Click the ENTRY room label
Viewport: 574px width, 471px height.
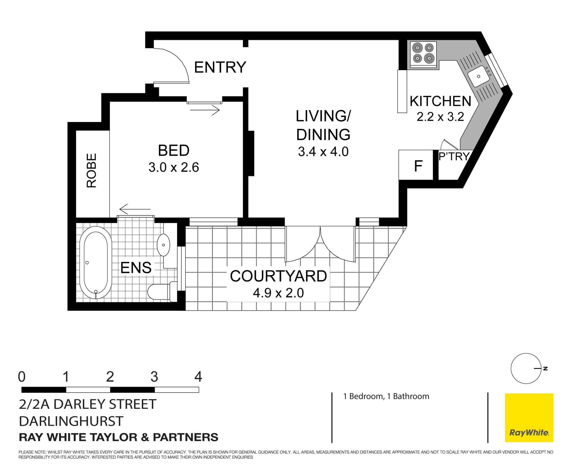[x=220, y=67]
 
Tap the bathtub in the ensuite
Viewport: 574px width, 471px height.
[x=96, y=262]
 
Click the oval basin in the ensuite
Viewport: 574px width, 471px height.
[x=163, y=245]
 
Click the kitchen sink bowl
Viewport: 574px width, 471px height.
[x=478, y=77]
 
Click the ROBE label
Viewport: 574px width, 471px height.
[x=91, y=170]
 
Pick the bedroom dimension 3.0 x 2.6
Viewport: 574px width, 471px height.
[x=174, y=167]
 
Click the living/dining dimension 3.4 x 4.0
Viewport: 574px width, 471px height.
[x=323, y=152]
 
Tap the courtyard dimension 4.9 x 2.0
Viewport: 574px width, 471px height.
[x=278, y=293]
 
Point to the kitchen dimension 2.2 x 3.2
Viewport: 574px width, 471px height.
[x=440, y=117]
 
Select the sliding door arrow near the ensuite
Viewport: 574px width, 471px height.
[x=135, y=209]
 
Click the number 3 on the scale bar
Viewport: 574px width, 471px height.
[x=154, y=377]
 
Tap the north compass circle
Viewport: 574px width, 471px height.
[x=526, y=368]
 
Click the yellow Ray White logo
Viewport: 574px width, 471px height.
[x=529, y=417]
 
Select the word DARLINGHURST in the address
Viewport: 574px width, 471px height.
[x=71, y=421]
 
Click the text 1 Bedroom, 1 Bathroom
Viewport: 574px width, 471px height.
[x=386, y=396]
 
